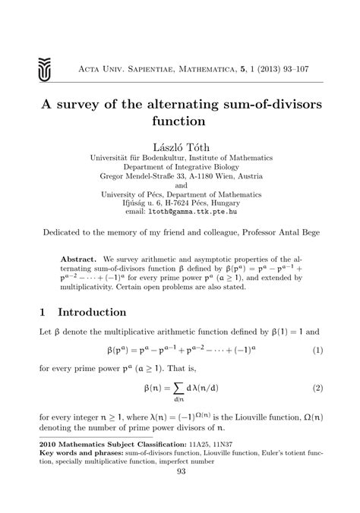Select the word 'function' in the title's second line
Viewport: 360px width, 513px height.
(181, 121)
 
